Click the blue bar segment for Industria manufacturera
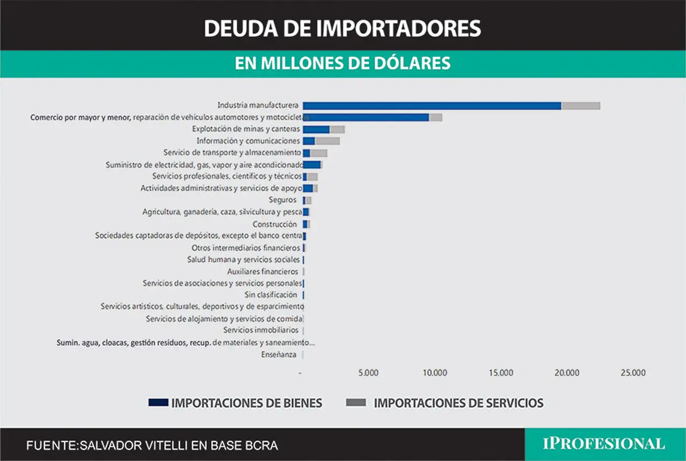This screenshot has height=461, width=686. click(432, 106)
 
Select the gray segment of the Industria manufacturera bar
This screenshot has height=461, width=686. click(581, 106)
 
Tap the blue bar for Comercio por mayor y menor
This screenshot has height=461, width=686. click(366, 117)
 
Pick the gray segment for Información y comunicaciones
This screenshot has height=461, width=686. click(327, 141)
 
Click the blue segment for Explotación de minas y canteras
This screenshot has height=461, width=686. click(316, 129)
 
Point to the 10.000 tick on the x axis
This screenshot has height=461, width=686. click(435, 373)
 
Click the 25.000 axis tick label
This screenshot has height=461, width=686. click(633, 373)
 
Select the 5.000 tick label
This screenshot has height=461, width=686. click(368, 373)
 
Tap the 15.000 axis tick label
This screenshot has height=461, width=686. click(501, 373)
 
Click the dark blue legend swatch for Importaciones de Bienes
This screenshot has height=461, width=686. click(158, 403)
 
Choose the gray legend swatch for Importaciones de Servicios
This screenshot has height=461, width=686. click(356, 403)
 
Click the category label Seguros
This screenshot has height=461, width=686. click(282, 200)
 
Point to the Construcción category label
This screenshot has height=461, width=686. click(275, 224)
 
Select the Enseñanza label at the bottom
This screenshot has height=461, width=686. click(279, 355)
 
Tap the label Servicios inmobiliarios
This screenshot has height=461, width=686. click(260, 330)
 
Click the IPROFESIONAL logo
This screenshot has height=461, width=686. click(604, 444)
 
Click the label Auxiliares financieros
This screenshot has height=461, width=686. click(263, 272)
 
